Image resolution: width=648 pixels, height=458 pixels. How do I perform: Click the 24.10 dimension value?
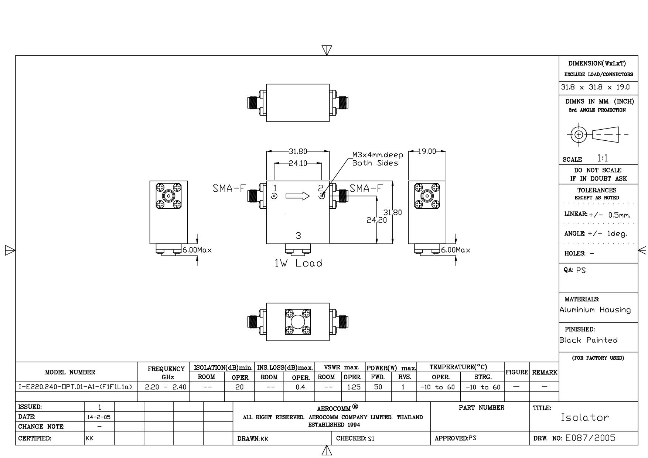tap(298, 163)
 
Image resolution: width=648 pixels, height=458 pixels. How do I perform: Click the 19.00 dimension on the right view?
tap(427, 151)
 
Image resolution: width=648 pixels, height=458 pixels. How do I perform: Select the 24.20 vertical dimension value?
tap(377, 220)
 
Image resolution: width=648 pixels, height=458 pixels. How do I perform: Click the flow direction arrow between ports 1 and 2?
tap(298, 196)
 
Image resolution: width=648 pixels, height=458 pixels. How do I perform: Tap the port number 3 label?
tap(299, 236)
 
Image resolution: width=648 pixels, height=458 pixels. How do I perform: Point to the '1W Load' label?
tap(299, 263)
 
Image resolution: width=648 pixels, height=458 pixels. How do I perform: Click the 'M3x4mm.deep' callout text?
tap(378, 155)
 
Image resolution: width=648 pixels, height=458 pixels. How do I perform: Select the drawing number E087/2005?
tap(591, 438)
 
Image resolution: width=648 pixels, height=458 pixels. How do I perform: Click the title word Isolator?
tap(585, 418)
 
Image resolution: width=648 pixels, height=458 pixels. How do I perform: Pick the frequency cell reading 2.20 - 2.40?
tap(166, 387)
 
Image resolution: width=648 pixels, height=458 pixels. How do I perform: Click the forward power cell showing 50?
tap(378, 387)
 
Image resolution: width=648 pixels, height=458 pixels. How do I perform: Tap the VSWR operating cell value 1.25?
tap(354, 387)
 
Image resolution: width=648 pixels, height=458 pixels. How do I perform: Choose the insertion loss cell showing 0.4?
tap(301, 387)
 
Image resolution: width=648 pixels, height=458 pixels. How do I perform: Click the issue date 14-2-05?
tap(99, 417)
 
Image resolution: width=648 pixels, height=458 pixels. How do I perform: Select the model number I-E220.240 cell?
tap(75, 387)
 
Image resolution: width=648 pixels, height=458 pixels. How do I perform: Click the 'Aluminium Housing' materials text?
tap(595, 310)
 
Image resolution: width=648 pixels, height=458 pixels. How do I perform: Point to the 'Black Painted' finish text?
tap(589, 340)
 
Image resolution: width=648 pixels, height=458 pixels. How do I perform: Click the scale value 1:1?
tap(602, 158)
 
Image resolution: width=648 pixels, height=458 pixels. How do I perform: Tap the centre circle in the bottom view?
tap(298, 322)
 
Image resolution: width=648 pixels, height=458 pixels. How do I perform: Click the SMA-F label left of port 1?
tap(229, 189)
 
